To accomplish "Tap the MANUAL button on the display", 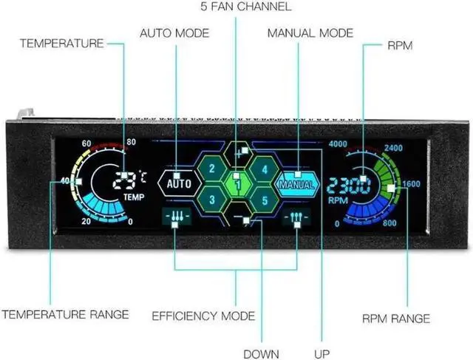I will (295, 183).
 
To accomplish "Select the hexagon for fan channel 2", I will (212, 168).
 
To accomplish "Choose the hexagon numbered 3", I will (212, 199).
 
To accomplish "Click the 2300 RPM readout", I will (350, 185).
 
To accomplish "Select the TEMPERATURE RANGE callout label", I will (65, 314).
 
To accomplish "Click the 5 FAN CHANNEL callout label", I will (236, 7).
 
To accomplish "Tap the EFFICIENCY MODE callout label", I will (203, 316).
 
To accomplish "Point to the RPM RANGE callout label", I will (396, 319).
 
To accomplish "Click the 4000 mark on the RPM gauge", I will (338, 143).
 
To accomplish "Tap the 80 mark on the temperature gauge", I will (132, 143).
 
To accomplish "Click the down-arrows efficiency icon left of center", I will (174, 218).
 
